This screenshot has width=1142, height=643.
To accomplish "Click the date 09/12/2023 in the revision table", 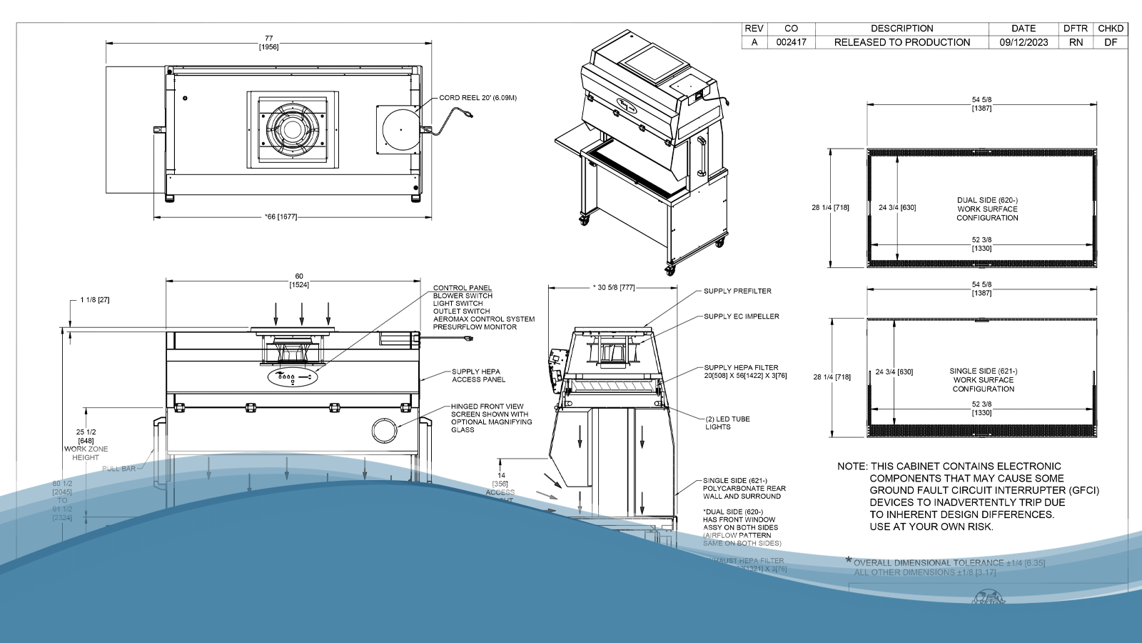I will [x=1024, y=42].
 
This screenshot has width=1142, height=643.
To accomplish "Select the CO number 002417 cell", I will [x=791, y=42].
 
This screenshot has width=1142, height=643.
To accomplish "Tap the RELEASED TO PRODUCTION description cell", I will [x=901, y=42].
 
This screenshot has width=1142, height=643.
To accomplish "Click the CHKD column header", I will [x=1111, y=29].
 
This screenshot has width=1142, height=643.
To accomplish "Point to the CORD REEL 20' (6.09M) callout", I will [x=477, y=98].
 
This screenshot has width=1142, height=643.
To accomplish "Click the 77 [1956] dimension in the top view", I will [x=268, y=43].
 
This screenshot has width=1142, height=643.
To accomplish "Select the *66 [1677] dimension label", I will [x=281, y=216].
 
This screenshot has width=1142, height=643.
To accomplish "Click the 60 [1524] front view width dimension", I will [x=299, y=280].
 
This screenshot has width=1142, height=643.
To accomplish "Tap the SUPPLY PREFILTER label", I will [x=737, y=291].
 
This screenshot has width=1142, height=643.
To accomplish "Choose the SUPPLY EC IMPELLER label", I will [x=741, y=316].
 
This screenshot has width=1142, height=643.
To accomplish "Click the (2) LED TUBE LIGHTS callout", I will [x=727, y=423].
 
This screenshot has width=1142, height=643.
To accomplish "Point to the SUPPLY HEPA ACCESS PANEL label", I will [x=477, y=376].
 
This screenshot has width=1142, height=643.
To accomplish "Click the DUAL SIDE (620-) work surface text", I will [x=987, y=209].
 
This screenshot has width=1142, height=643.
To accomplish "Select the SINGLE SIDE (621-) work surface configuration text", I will [x=983, y=380].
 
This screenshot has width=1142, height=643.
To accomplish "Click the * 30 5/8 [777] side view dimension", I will [x=613, y=287].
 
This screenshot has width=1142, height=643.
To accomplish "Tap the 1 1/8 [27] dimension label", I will [x=95, y=300].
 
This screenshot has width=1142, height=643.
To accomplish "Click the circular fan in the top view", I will [x=293, y=129].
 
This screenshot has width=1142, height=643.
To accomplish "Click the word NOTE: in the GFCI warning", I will [x=852, y=467].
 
